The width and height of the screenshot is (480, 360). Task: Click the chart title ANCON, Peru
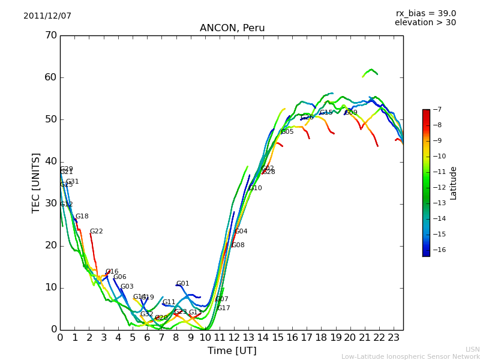click(x=232, y=28)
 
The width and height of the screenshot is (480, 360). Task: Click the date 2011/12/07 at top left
click(x=47, y=16)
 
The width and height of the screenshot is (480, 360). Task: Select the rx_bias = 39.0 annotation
click(x=425, y=14)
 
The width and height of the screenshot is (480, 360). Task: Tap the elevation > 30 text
click(x=425, y=23)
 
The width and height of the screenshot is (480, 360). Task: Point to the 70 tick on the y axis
click(x=51, y=35)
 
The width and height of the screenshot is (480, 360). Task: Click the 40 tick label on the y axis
click(x=51, y=161)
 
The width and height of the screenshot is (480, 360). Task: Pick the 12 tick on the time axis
click(x=234, y=338)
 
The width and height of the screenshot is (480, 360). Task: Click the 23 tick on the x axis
click(x=394, y=338)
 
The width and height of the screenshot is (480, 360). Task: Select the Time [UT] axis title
click(x=232, y=351)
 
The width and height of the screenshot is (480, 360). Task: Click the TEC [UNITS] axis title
click(x=36, y=182)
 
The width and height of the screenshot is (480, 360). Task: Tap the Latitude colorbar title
click(x=454, y=183)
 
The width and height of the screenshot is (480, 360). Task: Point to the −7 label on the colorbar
click(x=437, y=110)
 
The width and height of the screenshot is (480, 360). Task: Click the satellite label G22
click(x=97, y=232)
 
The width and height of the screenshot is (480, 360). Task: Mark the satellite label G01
click(x=182, y=284)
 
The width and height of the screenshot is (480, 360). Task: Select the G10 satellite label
click(x=255, y=188)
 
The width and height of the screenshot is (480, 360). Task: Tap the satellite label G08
click(x=238, y=245)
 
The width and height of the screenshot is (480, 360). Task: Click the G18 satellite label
click(x=82, y=217)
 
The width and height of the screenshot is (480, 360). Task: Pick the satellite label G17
click(x=223, y=308)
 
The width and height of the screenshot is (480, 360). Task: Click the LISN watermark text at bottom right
click(x=472, y=349)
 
